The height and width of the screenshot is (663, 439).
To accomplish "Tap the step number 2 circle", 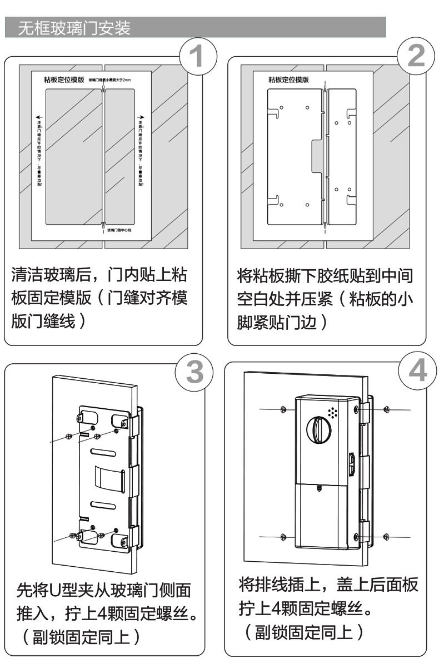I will [416, 57].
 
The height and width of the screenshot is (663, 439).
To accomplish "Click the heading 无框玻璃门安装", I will [75, 28].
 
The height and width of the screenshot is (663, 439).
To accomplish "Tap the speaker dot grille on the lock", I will [333, 413].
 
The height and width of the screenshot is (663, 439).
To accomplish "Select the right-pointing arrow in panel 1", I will [141, 117].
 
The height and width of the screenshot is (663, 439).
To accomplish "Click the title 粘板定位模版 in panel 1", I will [63, 80].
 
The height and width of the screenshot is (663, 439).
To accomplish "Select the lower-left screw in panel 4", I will [283, 537].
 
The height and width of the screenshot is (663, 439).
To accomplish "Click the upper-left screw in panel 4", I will [283, 409].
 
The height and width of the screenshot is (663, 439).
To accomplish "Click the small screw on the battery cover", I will [319, 488].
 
